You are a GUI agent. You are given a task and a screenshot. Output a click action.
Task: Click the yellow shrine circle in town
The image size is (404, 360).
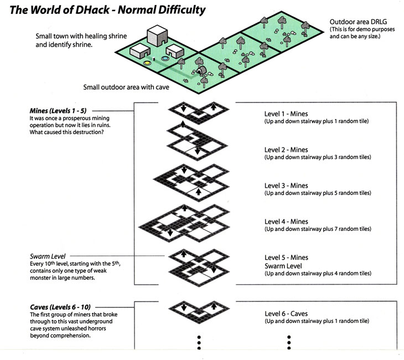148,63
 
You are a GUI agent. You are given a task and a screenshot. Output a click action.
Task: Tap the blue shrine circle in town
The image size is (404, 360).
165,58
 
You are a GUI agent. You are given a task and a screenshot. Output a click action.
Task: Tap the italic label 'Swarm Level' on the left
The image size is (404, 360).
48,257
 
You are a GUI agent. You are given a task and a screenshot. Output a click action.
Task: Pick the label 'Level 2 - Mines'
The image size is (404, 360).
286,150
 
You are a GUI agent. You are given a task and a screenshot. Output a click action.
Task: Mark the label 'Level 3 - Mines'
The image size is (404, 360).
286,186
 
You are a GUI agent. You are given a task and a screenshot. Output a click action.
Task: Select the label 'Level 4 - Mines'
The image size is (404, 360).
286,222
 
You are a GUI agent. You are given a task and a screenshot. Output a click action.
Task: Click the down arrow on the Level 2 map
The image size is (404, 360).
197,151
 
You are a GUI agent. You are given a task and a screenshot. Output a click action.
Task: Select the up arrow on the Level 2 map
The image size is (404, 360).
182,125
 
